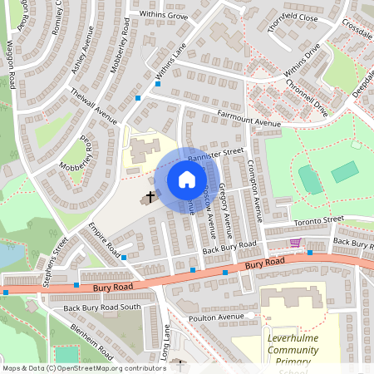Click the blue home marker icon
point(187,180)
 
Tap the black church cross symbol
point(150,197)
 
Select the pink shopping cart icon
point(295,243)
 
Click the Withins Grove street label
point(164,15)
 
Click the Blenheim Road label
point(92,339)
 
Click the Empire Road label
point(106,242)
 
